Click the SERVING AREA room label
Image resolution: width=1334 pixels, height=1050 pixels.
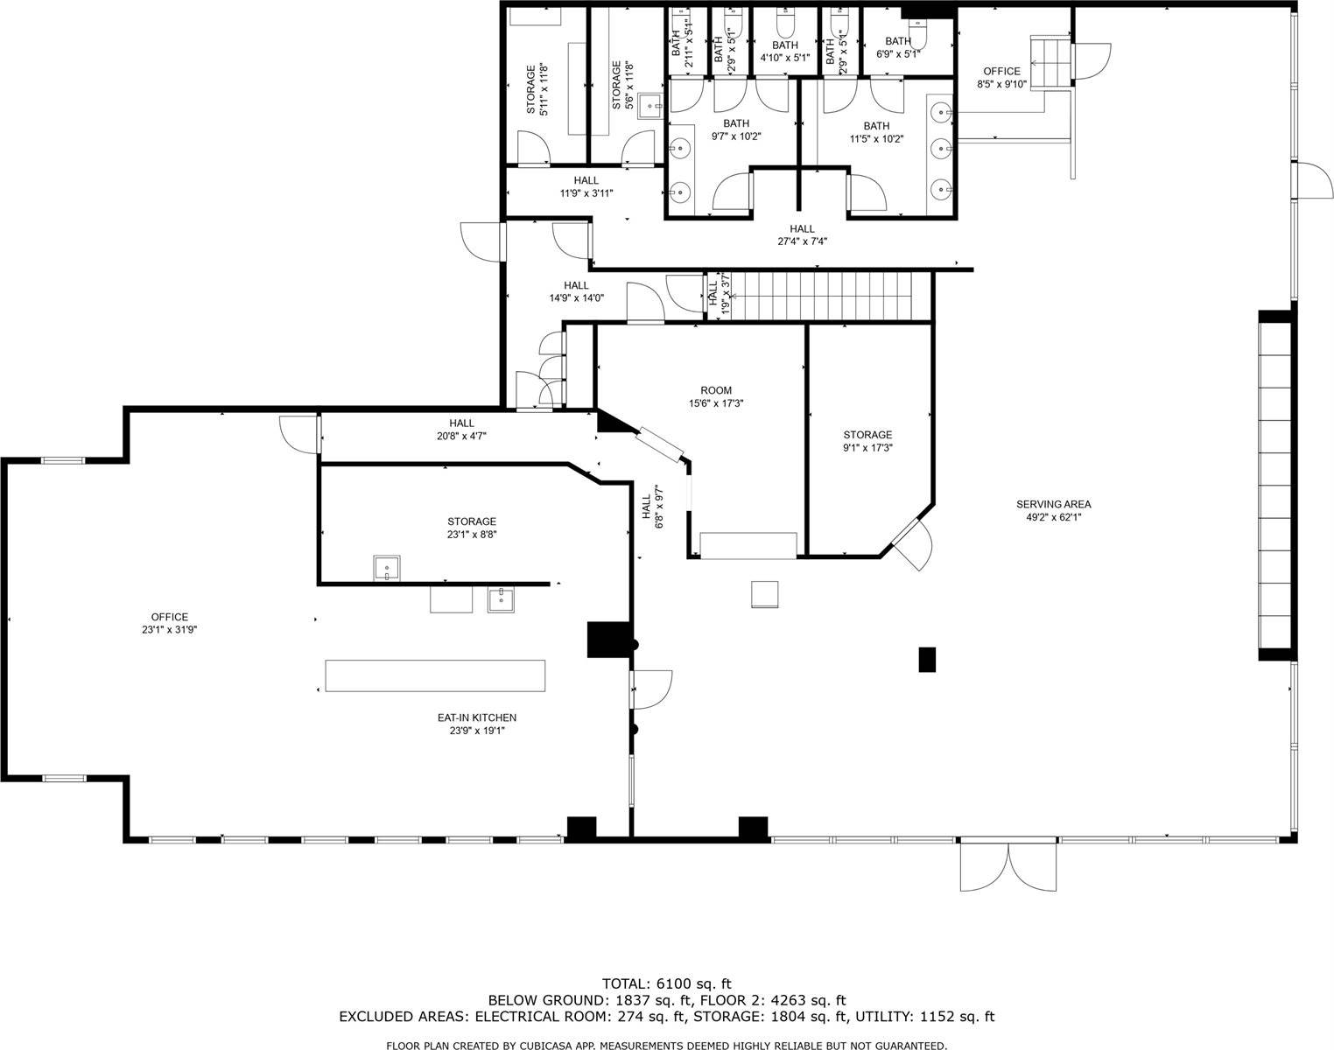[x=1053, y=510]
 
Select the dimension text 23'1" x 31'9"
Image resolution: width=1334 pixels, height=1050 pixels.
[x=169, y=629]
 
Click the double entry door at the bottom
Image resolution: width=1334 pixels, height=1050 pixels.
[x=1008, y=864]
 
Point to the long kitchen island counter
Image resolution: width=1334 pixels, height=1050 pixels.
[x=435, y=676]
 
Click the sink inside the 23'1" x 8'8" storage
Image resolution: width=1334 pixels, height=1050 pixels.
[x=386, y=568]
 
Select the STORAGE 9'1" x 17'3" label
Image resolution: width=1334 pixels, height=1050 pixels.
[x=867, y=441]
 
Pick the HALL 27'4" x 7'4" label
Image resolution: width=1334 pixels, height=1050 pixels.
[x=802, y=235]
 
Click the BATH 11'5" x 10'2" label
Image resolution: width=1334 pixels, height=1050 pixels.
[x=876, y=132]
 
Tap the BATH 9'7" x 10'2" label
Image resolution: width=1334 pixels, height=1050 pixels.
[x=735, y=129]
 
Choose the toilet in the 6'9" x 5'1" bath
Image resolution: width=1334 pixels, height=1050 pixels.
[x=916, y=37]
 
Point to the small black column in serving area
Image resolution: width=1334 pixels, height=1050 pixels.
[x=927, y=659]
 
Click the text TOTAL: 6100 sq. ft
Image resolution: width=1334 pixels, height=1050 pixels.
[x=666, y=983]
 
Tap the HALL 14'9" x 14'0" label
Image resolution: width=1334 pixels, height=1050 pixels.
[x=576, y=291]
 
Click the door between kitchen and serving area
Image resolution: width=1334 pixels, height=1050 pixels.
[x=650, y=689]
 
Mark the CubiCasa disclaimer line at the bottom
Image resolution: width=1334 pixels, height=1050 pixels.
[x=666, y=1046]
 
